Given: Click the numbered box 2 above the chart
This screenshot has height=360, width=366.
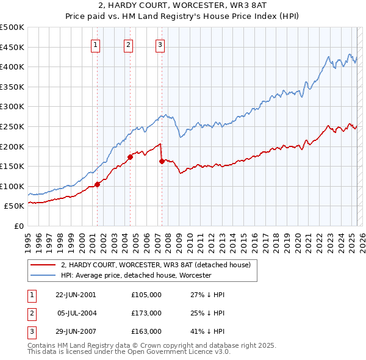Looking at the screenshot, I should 129,43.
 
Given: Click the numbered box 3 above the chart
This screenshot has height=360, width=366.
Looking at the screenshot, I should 160,43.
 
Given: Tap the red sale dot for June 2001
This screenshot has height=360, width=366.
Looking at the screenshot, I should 98,184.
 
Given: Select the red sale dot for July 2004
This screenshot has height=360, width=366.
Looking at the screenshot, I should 130,157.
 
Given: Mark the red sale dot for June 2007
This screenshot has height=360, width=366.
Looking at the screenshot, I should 162,161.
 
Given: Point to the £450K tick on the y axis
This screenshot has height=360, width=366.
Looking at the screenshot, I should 13,47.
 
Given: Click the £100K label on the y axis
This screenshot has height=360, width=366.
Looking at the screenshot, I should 13,186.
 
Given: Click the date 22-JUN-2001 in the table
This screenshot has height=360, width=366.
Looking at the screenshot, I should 76,295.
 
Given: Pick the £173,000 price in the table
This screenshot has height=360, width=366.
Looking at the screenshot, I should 146,313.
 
